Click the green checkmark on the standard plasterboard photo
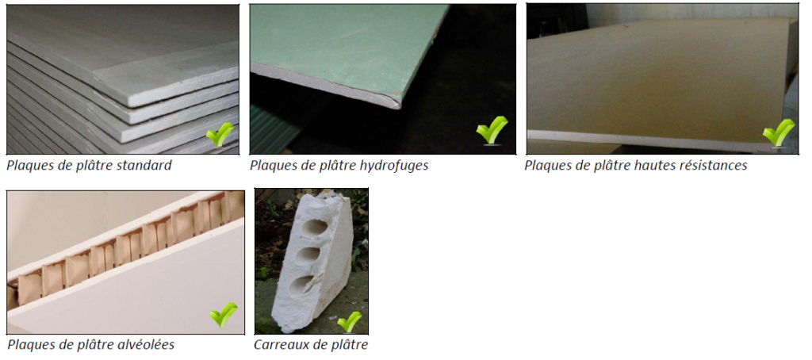pos(220,135)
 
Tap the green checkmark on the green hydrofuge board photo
pos(492,130)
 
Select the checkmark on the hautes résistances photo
pos(779,133)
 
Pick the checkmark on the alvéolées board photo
pos(224,315)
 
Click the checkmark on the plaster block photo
pos(350,322)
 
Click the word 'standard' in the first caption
pos(146,166)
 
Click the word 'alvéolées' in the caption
pos(147,344)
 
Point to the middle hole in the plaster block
pos(309,255)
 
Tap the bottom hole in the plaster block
pos(304,285)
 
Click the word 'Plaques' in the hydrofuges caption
pos(269,166)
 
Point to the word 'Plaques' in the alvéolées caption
pos(26,344)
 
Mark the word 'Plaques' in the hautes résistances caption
pos(543,166)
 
